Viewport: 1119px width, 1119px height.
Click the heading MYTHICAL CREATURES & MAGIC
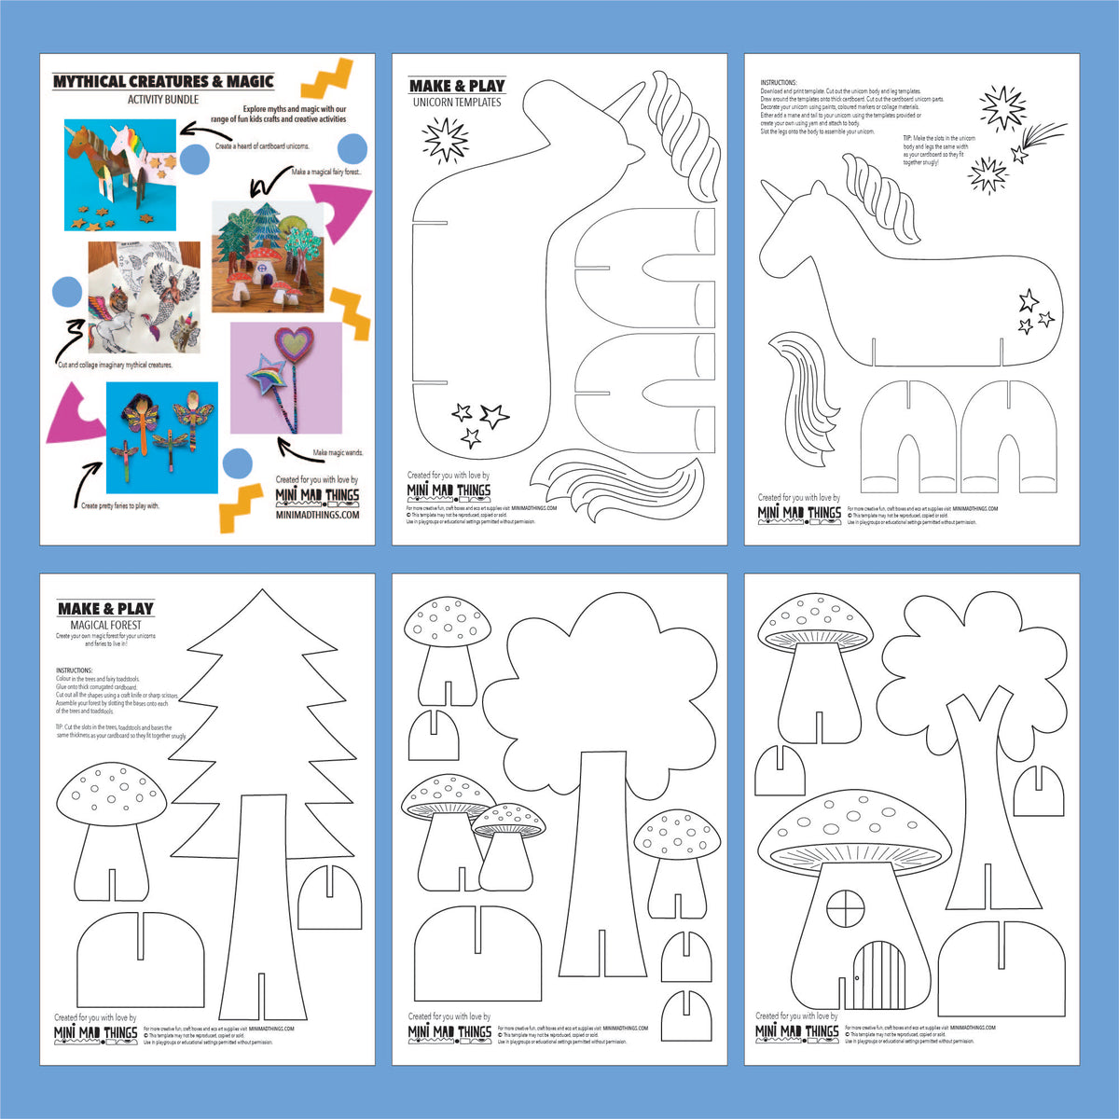click(x=163, y=81)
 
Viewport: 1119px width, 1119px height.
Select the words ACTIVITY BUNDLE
click(x=163, y=100)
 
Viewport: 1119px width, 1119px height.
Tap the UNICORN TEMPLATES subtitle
click(x=456, y=103)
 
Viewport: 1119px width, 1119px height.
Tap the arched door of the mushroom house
click(x=873, y=974)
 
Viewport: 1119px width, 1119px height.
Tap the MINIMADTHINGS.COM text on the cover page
click(x=317, y=515)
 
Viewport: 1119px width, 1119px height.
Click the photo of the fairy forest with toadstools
click(x=269, y=256)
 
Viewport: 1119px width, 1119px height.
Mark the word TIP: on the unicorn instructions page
click(x=910, y=138)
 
